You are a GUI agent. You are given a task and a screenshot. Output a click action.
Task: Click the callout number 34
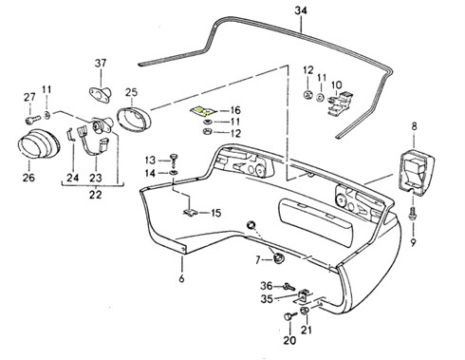point(301,10)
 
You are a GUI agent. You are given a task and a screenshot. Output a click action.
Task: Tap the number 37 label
point(101,64)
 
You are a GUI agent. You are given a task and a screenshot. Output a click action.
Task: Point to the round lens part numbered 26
point(38,151)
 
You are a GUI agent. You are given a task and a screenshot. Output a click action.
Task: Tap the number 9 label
point(414,229)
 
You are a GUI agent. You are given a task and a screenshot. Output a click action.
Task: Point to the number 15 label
point(216,213)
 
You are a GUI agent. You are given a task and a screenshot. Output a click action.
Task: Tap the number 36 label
point(266,286)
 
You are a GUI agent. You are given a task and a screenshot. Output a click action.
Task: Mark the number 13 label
point(151,159)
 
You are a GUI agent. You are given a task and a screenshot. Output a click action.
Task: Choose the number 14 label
point(151,173)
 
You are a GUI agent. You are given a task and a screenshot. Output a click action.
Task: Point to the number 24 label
point(72,176)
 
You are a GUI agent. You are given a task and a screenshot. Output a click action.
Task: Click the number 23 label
point(96,176)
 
